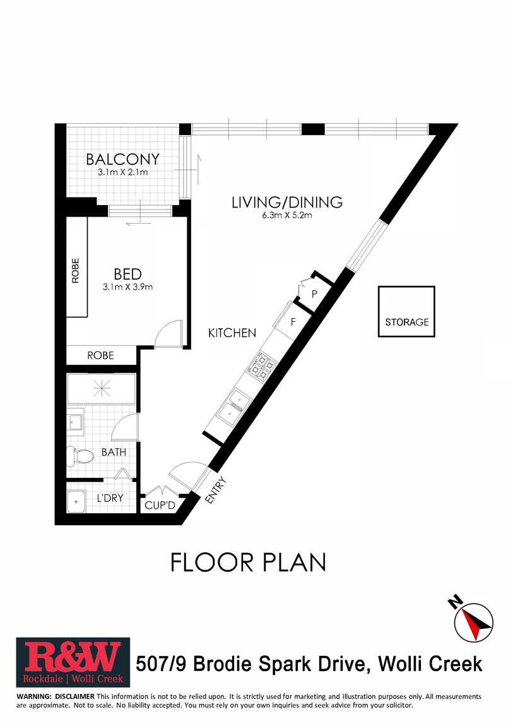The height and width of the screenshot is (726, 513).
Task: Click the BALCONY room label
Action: (x=122, y=159)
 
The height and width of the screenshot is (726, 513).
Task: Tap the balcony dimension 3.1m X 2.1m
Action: (x=122, y=172)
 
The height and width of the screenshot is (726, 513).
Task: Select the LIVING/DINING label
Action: (x=287, y=203)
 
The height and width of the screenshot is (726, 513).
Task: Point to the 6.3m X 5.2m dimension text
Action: (x=287, y=215)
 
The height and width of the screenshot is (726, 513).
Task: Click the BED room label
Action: (x=127, y=274)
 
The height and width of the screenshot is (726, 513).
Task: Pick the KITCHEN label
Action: (x=232, y=333)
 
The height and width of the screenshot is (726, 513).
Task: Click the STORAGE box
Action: (x=406, y=311)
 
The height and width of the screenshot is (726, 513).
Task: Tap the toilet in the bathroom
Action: (x=79, y=456)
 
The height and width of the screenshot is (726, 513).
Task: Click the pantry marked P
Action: (x=314, y=293)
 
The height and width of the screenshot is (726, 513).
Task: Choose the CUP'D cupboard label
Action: (x=160, y=505)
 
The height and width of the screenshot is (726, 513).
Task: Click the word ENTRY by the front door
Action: (x=216, y=490)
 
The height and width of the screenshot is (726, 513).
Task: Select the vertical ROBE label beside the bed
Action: (x=75, y=271)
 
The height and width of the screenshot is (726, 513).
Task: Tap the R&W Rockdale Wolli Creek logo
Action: (x=73, y=663)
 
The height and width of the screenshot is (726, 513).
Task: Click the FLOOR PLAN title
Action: (x=249, y=562)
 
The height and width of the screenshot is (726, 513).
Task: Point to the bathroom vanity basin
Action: (x=75, y=422)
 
